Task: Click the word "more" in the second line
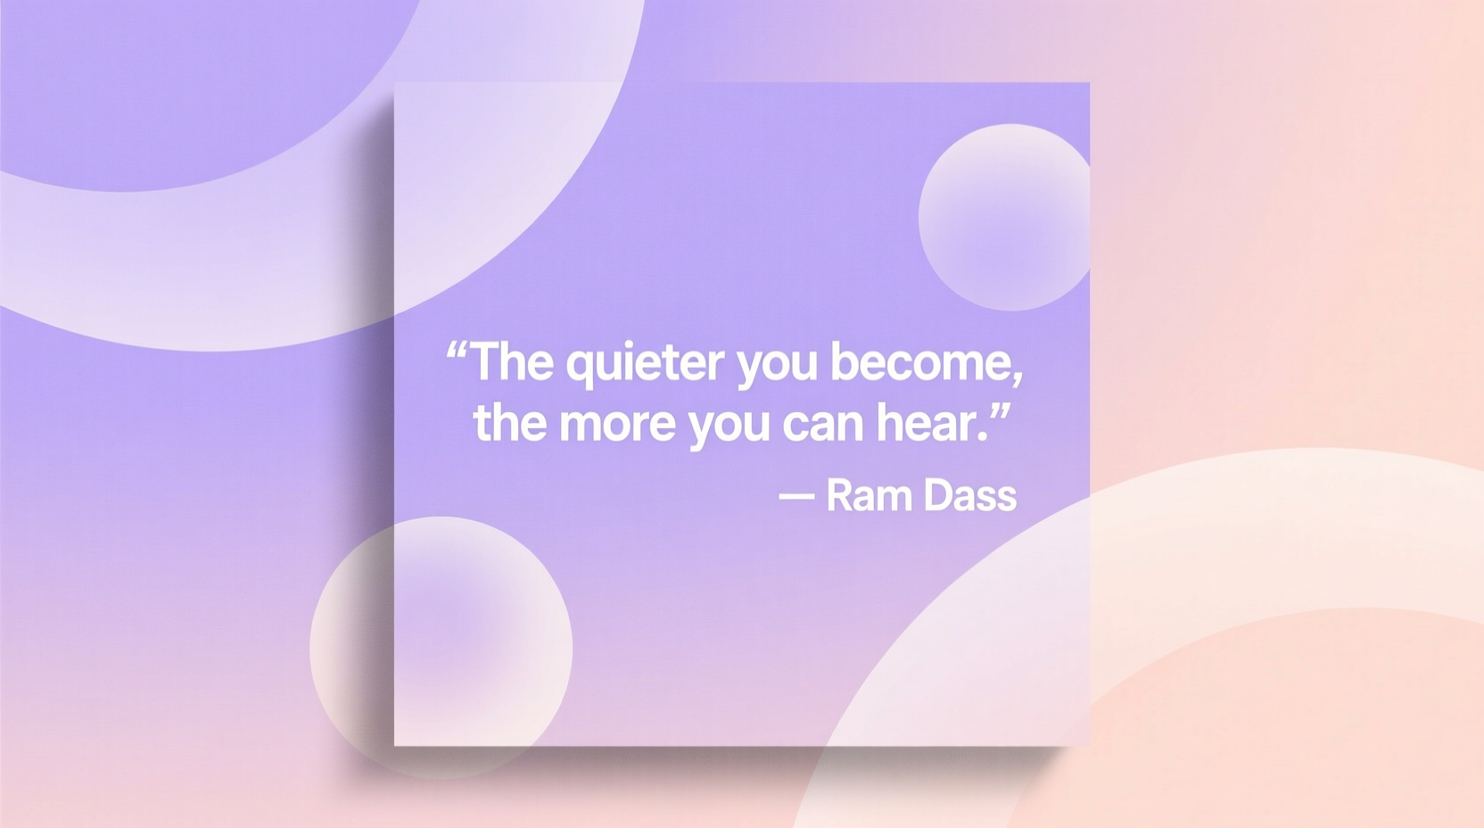616,424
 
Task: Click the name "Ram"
869,495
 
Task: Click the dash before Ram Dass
796,496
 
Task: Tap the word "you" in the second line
728,426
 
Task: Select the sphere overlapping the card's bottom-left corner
441,647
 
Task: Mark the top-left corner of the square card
395,83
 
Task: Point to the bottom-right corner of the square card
1089,745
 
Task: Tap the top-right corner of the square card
1089,83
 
